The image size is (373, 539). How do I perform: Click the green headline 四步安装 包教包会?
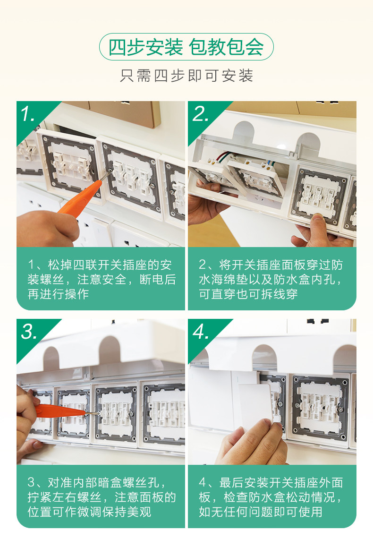click(186, 47)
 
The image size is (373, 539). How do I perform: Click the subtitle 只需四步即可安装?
click(186, 76)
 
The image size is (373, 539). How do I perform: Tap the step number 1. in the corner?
click(28, 113)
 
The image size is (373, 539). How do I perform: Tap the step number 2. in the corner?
click(201, 113)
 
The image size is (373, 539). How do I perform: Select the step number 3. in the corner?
click(29, 331)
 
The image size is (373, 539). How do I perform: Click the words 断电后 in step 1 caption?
click(158, 280)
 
